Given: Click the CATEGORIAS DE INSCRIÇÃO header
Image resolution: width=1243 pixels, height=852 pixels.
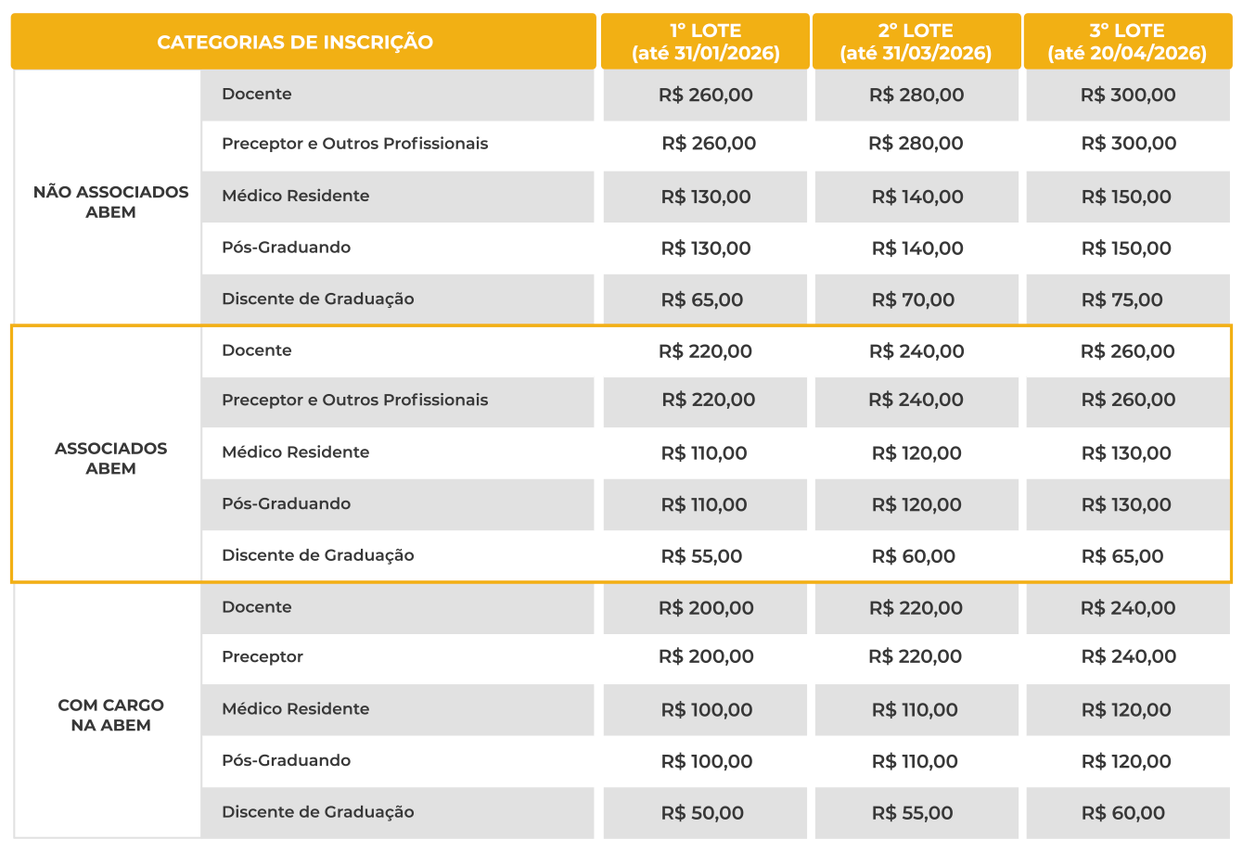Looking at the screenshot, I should tap(295, 42).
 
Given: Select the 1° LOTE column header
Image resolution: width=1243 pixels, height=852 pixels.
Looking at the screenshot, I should tap(705, 42).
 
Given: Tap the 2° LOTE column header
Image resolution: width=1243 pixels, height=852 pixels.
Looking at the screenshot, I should tap(916, 42).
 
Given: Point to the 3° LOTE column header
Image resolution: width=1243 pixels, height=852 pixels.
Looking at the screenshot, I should tap(1127, 42).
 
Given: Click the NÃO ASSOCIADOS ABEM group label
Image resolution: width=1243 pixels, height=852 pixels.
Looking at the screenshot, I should tap(110, 202).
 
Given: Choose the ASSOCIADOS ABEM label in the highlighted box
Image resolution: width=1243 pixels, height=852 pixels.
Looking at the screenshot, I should tap(110, 458).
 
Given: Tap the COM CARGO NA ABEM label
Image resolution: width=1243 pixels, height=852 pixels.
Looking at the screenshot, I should tap(110, 715).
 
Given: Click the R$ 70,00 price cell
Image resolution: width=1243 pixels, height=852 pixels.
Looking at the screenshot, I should tap(913, 299).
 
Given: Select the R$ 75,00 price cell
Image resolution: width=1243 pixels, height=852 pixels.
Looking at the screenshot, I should tap(1121, 299).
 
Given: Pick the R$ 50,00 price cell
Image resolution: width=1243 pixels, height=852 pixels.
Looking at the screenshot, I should tap(702, 813).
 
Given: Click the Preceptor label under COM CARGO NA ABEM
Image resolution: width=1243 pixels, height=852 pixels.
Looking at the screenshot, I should tap(263, 656).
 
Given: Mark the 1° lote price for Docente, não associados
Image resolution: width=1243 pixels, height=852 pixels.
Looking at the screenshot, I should tap(705, 95).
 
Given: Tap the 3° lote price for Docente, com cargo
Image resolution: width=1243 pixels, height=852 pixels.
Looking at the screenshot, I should tap(1128, 608).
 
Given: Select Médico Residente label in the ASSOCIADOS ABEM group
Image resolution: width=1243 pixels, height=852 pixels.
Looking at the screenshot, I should tap(295, 452).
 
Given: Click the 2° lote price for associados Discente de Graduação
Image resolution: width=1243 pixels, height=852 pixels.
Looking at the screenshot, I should tap(913, 556).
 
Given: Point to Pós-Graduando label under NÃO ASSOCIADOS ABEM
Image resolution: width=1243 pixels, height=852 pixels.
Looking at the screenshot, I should tap(286, 248).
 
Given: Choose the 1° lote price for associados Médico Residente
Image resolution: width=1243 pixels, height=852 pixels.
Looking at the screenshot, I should tap(703, 453).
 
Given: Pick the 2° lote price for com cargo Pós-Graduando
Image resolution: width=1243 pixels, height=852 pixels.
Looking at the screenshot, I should tap(915, 761).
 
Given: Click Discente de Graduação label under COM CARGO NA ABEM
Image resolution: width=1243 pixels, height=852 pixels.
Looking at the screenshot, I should tap(317, 812).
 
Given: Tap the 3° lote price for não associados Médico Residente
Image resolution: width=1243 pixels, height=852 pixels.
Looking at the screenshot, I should tap(1126, 197).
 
